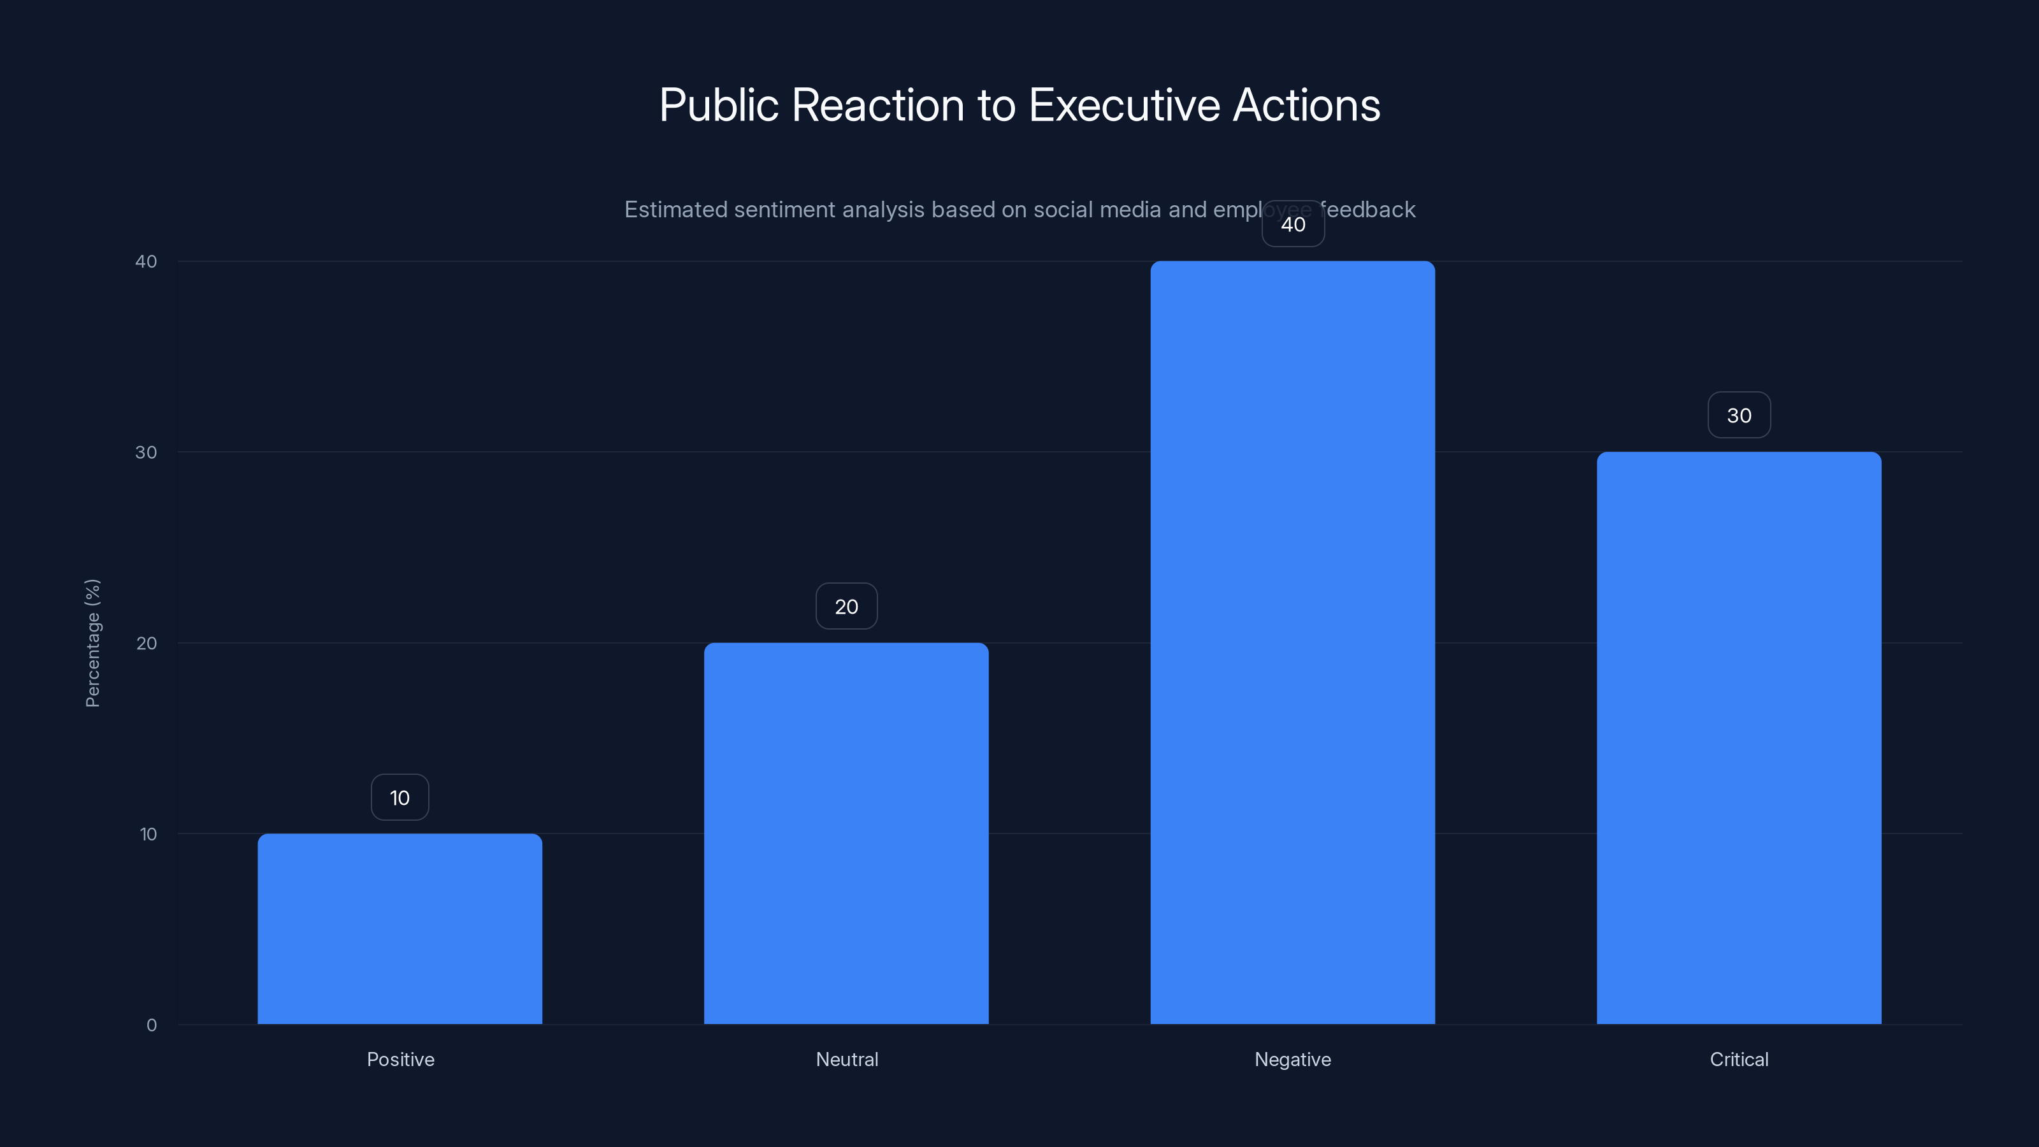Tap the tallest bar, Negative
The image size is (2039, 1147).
click(x=1293, y=643)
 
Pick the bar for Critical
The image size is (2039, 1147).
click(x=1739, y=738)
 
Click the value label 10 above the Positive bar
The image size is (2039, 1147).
click(x=400, y=797)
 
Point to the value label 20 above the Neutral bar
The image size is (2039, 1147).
click(x=846, y=607)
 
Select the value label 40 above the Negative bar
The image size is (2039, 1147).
click(x=1293, y=224)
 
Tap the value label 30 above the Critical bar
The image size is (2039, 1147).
click(x=1739, y=415)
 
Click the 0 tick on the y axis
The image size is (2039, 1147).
click(x=151, y=1025)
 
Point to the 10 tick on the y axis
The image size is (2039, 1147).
click(x=148, y=833)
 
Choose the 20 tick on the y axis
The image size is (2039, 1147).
click(x=147, y=643)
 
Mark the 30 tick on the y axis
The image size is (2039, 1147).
click(x=147, y=452)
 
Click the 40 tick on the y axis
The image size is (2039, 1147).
click(x=147, y=261)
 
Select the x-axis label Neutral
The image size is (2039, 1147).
click(x=847, y=1059)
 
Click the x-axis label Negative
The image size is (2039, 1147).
click(x=1293, y=1059)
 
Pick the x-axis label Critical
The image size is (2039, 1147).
click(x=1739, y=1059)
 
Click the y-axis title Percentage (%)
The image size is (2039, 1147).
click(x=92, y=643)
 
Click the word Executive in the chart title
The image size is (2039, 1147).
click(x=1125, y=105)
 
